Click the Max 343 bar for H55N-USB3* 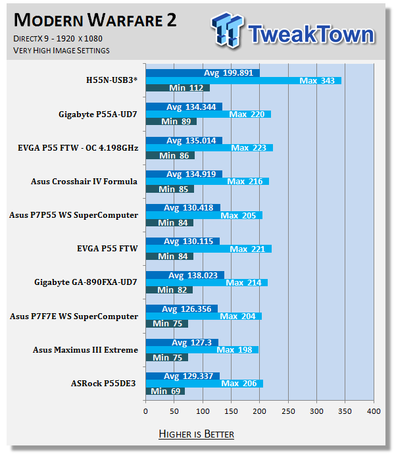243,80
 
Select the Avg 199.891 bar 203,73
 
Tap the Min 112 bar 178,88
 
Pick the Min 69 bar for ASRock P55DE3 165,391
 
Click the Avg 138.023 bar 185,275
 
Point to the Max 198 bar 202,350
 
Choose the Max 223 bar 209,147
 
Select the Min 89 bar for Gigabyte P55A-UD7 171,121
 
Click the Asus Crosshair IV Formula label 84,181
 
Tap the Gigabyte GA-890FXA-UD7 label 86,282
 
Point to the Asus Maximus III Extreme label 86,350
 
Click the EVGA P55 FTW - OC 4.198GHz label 78,147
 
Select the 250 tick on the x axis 288,411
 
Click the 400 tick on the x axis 374,411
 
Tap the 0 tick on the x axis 145,411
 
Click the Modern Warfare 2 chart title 95,20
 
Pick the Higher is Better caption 197,434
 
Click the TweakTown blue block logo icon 228,30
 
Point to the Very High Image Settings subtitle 61,51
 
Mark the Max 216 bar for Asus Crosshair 207,181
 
